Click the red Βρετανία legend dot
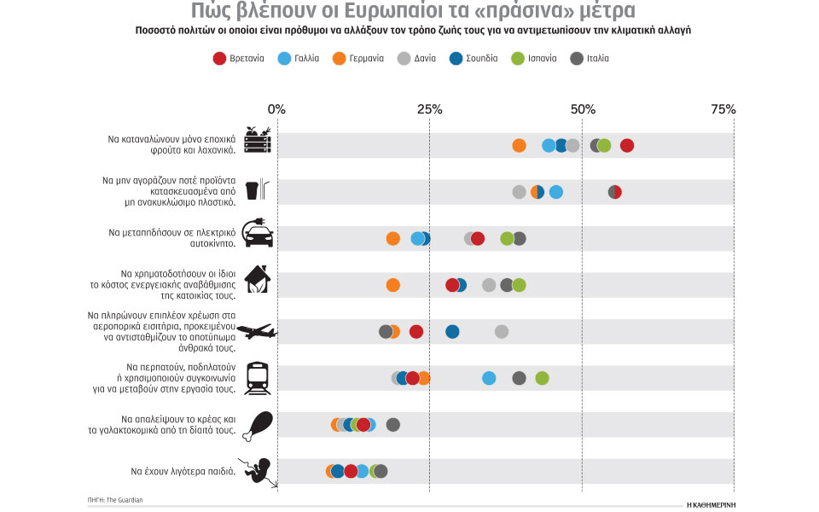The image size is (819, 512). pyautogui.click(x=219, y=59)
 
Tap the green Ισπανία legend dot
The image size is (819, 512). pyautogui.click(x=517, y=59)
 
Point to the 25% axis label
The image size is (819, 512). pyautogui.click(x=429, y=110)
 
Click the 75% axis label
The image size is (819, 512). pyautogui.click(x=722, y=110)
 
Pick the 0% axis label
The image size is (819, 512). pyautogui.click(x=277, y=110)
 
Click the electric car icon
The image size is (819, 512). pyautogui.click(x=258, y=233)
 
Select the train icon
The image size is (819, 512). pyautogui.click(x=258, y=377)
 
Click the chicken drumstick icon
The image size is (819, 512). pyautogui.click(x=258, y=425)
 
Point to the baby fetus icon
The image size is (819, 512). pyautogui.click(x=258, y=471)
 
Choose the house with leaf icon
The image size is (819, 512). pyautogui.click(x=258, y=279)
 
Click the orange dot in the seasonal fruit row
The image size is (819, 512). pyautogui.click(x=519, y=145)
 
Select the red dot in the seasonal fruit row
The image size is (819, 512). pyautogui.click(x=627, y=145)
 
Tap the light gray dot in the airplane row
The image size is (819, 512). pyautogui.click(x=502, y=331)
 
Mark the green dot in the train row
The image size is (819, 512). pyautogui.click(x=542, y=378)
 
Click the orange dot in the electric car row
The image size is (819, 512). pyautogui.click(x=392, y=238)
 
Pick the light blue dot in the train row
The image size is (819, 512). pyautogui.click(x=489, y=378)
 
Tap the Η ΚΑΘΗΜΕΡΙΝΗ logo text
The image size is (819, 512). pyautogui.click(x=710, y=504)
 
